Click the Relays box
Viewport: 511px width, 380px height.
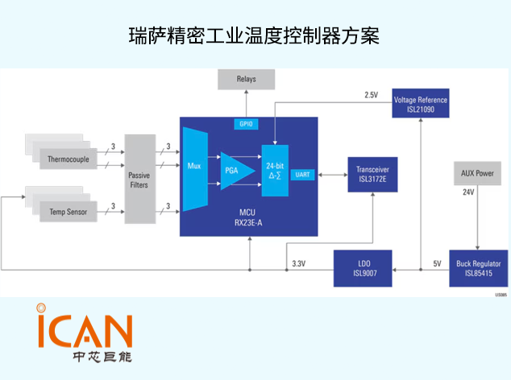[247, 80]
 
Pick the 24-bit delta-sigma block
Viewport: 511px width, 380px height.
[274, 170]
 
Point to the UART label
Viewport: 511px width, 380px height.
[303, 175]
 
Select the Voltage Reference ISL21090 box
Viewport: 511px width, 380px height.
[420, 104]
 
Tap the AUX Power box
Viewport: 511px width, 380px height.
[476, 173]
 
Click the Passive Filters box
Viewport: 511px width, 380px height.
[139, 180]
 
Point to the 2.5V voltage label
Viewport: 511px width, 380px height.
[370, 95]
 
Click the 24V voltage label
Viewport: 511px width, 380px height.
[468, 193]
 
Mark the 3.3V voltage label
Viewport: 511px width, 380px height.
[298, 263]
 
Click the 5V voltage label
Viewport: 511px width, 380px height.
[437, 263]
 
